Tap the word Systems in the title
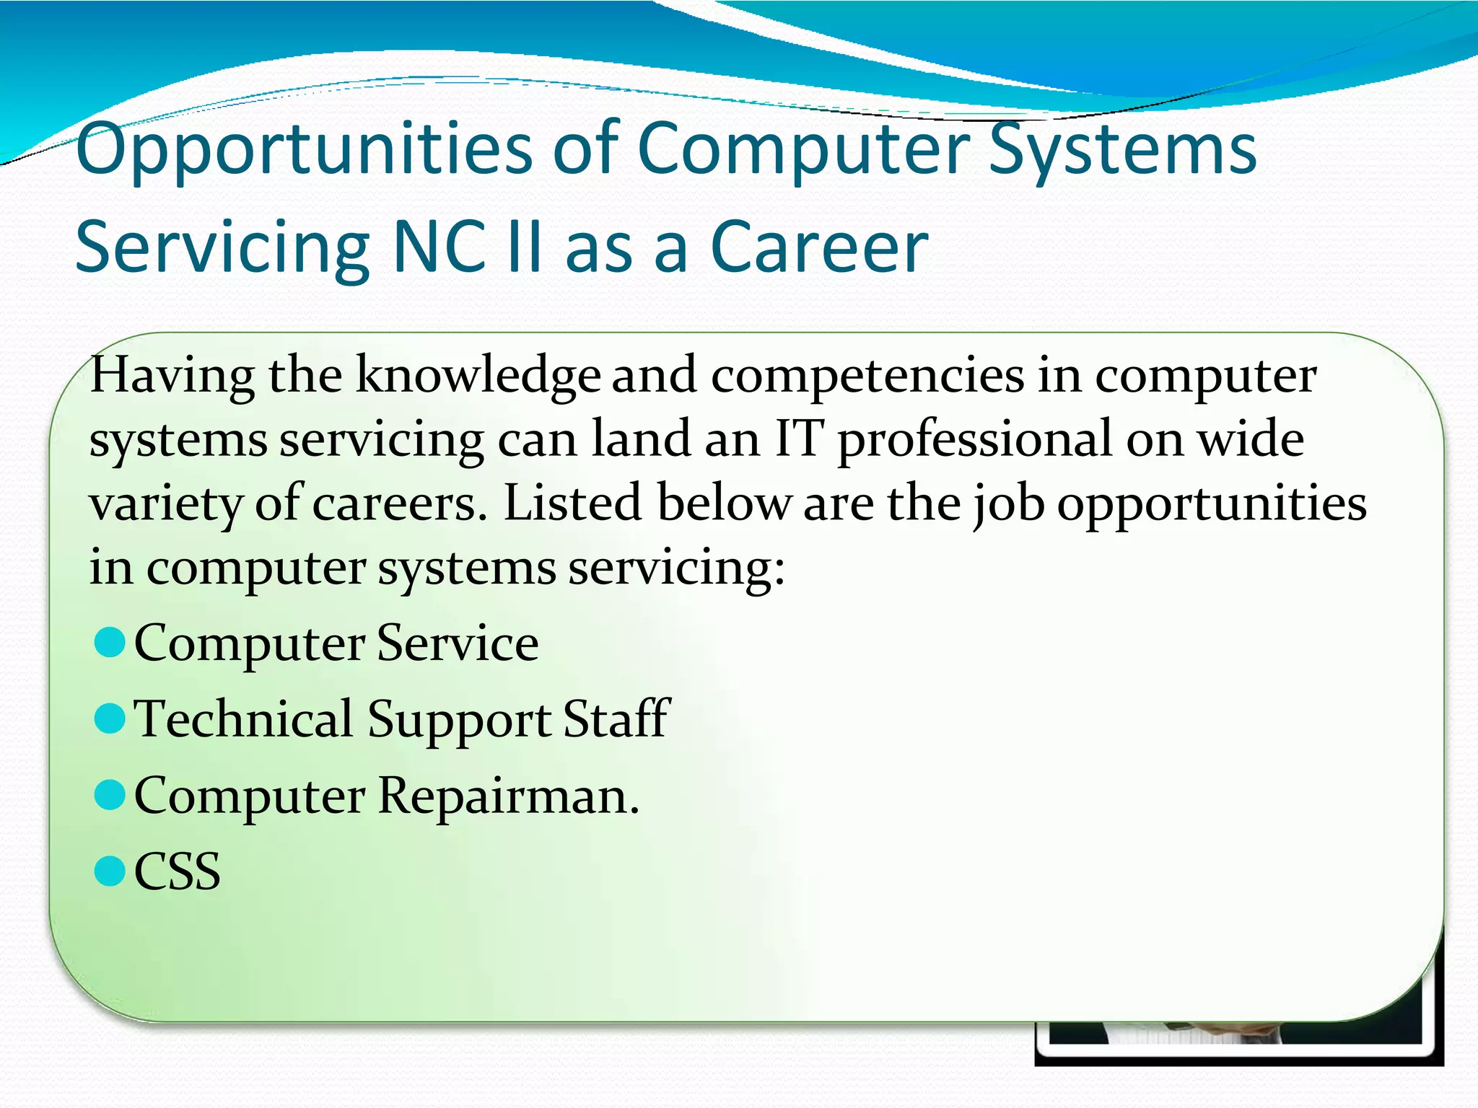coord(1122,150)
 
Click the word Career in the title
coord(819,247)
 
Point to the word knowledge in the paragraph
coord(478,377)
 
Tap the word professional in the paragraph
coord(974,440)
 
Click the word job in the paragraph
coord(1008,504)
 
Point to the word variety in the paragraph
coord(165,504)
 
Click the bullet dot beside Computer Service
coord(110,642)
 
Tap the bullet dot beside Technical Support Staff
coord(110,718)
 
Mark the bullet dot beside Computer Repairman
coord(110,795)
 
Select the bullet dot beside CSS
coord(110,871)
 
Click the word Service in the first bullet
coord(458,643)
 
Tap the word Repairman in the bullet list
coord(508,796)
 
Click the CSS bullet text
coord(178,871)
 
